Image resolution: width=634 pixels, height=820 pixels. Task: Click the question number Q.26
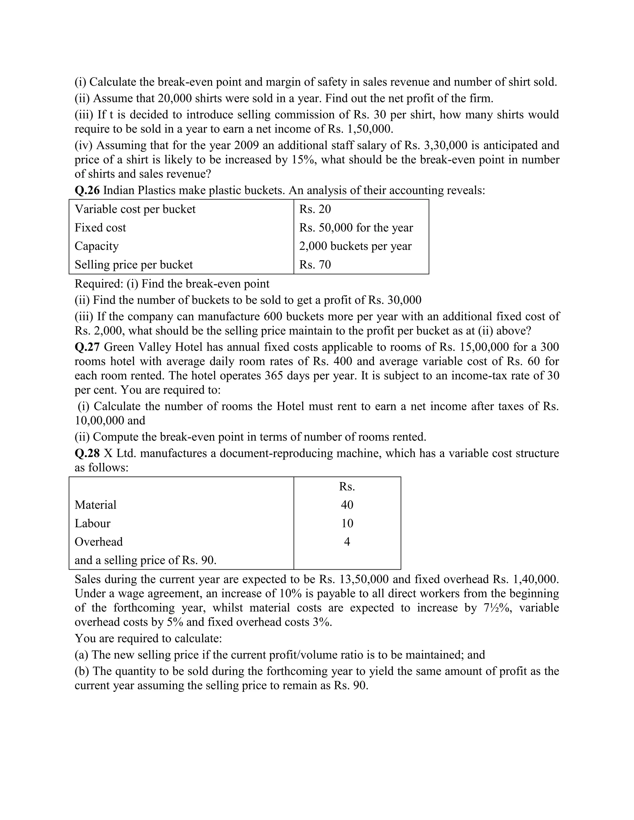click(x=87, y=190)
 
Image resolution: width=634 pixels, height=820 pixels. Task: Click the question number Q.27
click(x=87, y=347)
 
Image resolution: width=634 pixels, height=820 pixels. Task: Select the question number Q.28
click(x=87, y=453)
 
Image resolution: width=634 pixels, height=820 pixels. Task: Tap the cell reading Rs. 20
click(x=315, y=209)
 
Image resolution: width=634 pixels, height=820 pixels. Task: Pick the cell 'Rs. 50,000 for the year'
click(x=356, y=227)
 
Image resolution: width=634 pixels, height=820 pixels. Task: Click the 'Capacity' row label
click(x=97, y=246)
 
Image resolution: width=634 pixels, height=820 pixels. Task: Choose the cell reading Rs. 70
click(x=315, y=264)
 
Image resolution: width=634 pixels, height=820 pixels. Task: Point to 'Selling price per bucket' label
click(x=133, y=264)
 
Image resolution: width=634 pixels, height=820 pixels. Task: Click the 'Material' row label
click(x=95, y=505)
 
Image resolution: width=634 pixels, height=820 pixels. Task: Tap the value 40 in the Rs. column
click(x=347, y=505)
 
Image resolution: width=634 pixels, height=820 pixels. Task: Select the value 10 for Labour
click(x=347, y=523)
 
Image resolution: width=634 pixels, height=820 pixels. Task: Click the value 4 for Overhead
click(x=347, y=542)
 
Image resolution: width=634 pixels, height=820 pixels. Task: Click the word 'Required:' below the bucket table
click(x=99, y=283)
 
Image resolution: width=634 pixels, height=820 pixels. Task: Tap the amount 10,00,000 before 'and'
click(x=99, y=420)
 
